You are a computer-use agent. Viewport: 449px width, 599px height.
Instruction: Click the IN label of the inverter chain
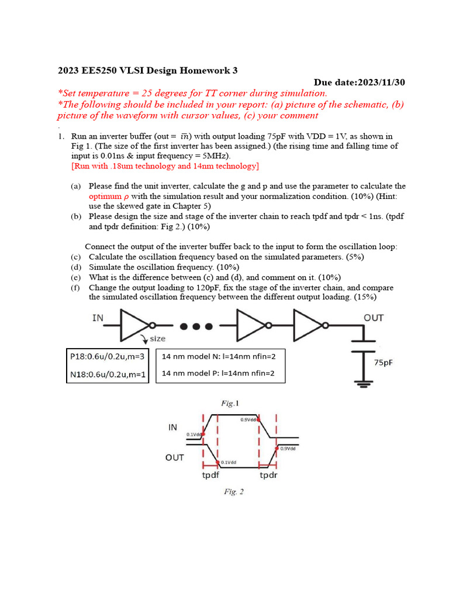pos(98,318)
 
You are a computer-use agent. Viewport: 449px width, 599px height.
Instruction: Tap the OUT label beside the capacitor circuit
pos(374,318)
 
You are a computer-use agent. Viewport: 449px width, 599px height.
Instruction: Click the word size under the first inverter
pos(158,338)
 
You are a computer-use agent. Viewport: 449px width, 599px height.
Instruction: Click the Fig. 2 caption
pos(234,491)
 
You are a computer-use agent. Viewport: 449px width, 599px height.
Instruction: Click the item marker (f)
pos(75,287)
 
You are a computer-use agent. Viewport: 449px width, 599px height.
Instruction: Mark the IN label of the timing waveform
pos(172,428)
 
